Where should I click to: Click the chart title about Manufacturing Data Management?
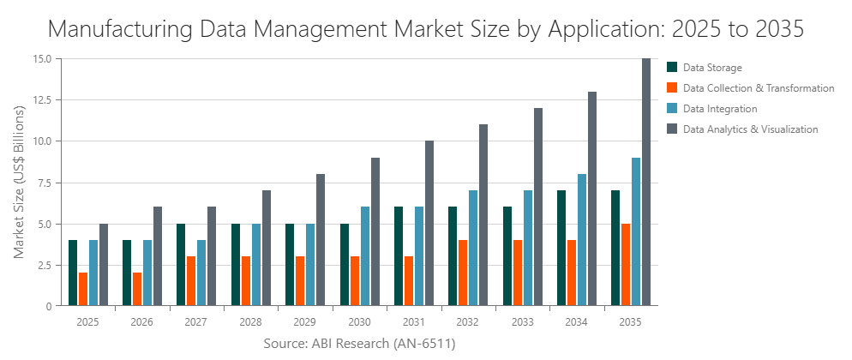click(426, 28)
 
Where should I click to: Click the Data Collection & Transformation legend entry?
click(758, 88)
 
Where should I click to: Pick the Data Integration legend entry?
click(719, 109)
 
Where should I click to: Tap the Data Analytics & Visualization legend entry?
click(750, 129)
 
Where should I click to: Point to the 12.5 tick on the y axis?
click(41, 100)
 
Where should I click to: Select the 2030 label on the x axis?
click(357, 322)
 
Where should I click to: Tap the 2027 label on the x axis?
click(195, 322)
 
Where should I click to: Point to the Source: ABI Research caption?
click(359, 344)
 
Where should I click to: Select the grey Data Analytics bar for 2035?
click(646, 183)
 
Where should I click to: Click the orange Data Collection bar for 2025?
click(83, 290)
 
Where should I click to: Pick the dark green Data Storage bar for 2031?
click(399, 256)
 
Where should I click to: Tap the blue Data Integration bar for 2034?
click(582, 240)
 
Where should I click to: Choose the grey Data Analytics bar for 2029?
click(321, 240)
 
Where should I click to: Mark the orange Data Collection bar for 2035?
click(626, 265)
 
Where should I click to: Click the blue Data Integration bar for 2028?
click(256, 265)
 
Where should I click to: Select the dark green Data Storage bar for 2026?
click(127, 273)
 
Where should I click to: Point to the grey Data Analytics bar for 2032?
click(483, 215)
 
